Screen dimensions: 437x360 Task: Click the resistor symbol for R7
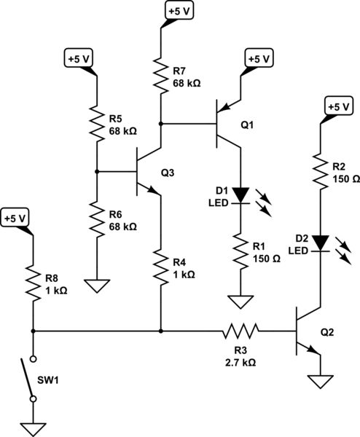pyautogui.click(x=160, y=74)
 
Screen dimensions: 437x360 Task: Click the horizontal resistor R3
pyautogui.click(x=240, y=332)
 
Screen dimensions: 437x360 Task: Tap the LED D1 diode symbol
pyautogui.click(x=240, y=196)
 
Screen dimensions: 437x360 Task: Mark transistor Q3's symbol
pyautogui.click(x=144, y=172)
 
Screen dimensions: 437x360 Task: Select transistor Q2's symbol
pyautogui.click(x=306, y=332)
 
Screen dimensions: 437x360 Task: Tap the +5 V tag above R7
pyautogui.click(x=179, y=12)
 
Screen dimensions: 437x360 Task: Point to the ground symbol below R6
pyautogui.click(x=96, y=285)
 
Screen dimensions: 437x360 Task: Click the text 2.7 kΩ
pyautogui.click(x=241, y=361)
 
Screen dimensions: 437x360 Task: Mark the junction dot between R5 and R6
pyautogui.click(x=96, y=172)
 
